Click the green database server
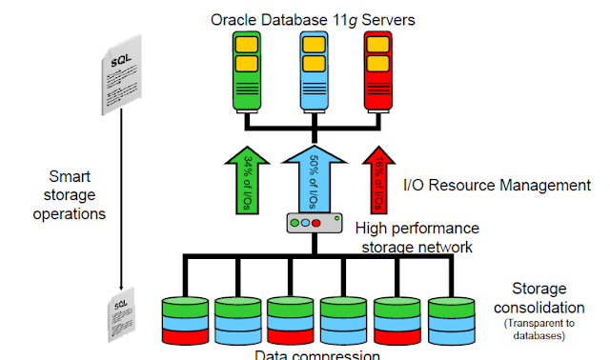click(248, 68)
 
